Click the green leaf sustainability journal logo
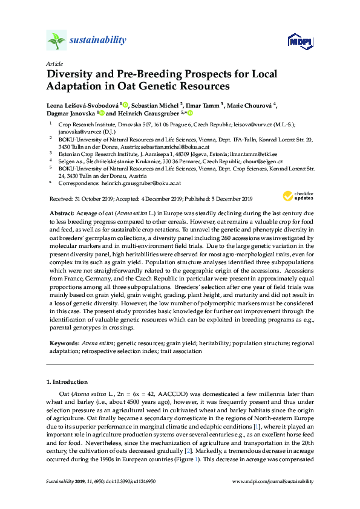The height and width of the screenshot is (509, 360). tap(56, 41)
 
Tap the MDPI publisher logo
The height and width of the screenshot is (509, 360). tap(300, 41)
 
